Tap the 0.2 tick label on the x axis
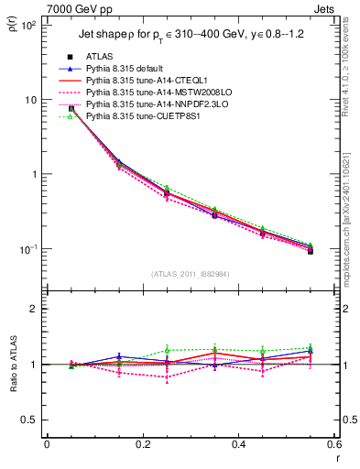tap(142, 445)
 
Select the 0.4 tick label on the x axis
tap(238, 445)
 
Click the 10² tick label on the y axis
tap(27, 26)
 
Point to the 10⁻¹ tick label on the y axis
tap(27, 249)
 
